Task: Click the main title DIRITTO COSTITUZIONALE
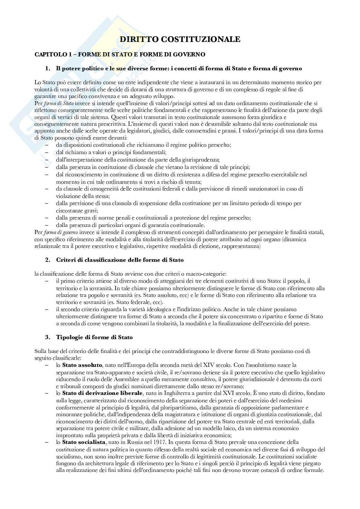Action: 180,39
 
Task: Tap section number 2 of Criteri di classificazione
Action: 47,260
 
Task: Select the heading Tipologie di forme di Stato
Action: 94,337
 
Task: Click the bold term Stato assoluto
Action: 82,365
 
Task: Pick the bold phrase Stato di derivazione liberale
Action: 102,393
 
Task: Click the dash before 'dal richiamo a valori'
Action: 47,152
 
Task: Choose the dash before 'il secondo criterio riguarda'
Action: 47,309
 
